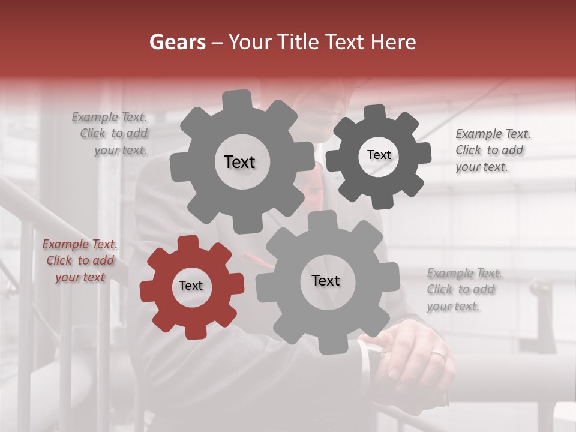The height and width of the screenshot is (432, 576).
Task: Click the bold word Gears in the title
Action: (177, 42)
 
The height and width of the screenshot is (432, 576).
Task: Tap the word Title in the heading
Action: (298, 42)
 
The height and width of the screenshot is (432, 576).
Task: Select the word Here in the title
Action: (394, 42)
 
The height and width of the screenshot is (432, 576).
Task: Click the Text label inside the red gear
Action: (191, 286)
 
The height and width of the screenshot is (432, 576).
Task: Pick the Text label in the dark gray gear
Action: (379, 155)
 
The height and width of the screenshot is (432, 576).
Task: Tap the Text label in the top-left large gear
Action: (239, 162)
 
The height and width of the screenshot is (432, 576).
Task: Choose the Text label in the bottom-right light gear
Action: (326, 280)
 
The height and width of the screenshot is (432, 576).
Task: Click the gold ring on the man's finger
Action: (439, 355)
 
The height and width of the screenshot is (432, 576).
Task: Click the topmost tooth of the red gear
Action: (188, 243)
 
